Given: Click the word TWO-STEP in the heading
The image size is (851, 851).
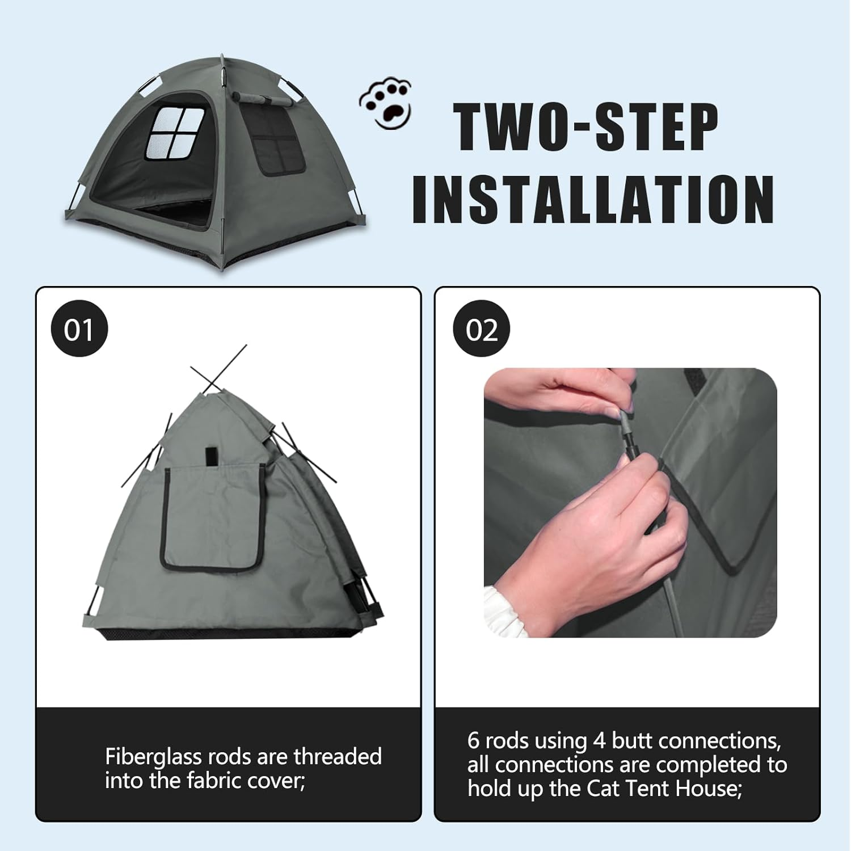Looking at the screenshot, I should click(x=588, y=128).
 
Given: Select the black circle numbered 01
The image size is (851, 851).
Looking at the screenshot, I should click(x=79, y=329).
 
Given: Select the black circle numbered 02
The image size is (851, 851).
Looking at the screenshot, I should click(x=482, y=329).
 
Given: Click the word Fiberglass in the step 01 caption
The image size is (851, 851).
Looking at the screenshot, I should click(x=153, y=757).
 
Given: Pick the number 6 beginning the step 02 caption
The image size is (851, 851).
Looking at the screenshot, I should click(x=474, y=740).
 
